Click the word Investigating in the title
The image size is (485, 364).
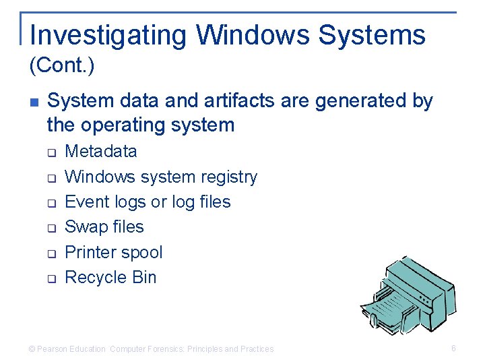pos(107,35)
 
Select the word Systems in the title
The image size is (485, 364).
pos(372,35)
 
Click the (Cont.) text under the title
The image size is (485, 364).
pos(62,66)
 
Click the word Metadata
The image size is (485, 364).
pos(100,151)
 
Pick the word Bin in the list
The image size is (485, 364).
pos(143,277)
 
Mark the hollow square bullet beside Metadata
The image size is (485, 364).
pos(51,153)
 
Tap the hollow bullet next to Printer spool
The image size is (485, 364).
pos(51,254)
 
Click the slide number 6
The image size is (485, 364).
pos(453,348)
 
